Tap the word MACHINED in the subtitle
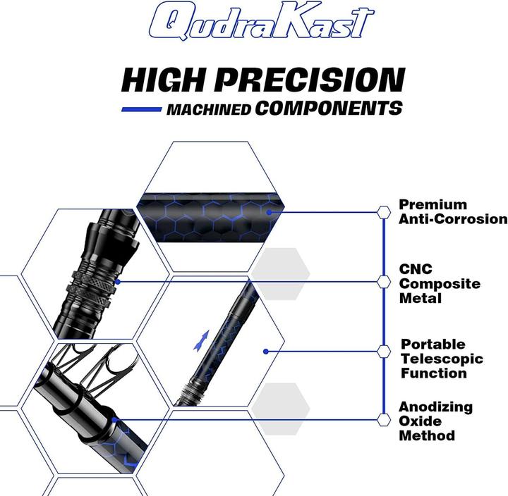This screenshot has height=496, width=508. click(x=210, y=110)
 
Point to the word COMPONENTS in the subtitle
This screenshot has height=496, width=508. click(x=329, y=108)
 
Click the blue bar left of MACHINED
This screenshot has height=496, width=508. click(x=142, y=110)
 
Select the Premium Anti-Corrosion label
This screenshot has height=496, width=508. click(x=452, y=211)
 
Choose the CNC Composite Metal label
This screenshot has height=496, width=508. click(x=440, y=283)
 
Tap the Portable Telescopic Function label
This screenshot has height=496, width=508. click(x=442, y=359)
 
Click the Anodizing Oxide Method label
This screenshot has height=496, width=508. click(x=435, y=421)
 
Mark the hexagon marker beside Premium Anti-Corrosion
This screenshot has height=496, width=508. click(x=384, y=211)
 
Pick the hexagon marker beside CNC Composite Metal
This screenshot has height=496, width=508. click(x=384, y=282)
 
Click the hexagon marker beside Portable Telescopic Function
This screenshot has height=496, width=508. click(x=384, y=351)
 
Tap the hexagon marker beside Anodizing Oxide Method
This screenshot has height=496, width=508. click(x=384, y=420)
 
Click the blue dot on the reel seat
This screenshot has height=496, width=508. click(x=117, y=281)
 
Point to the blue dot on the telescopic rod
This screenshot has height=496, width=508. click(x=265, y=351)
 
